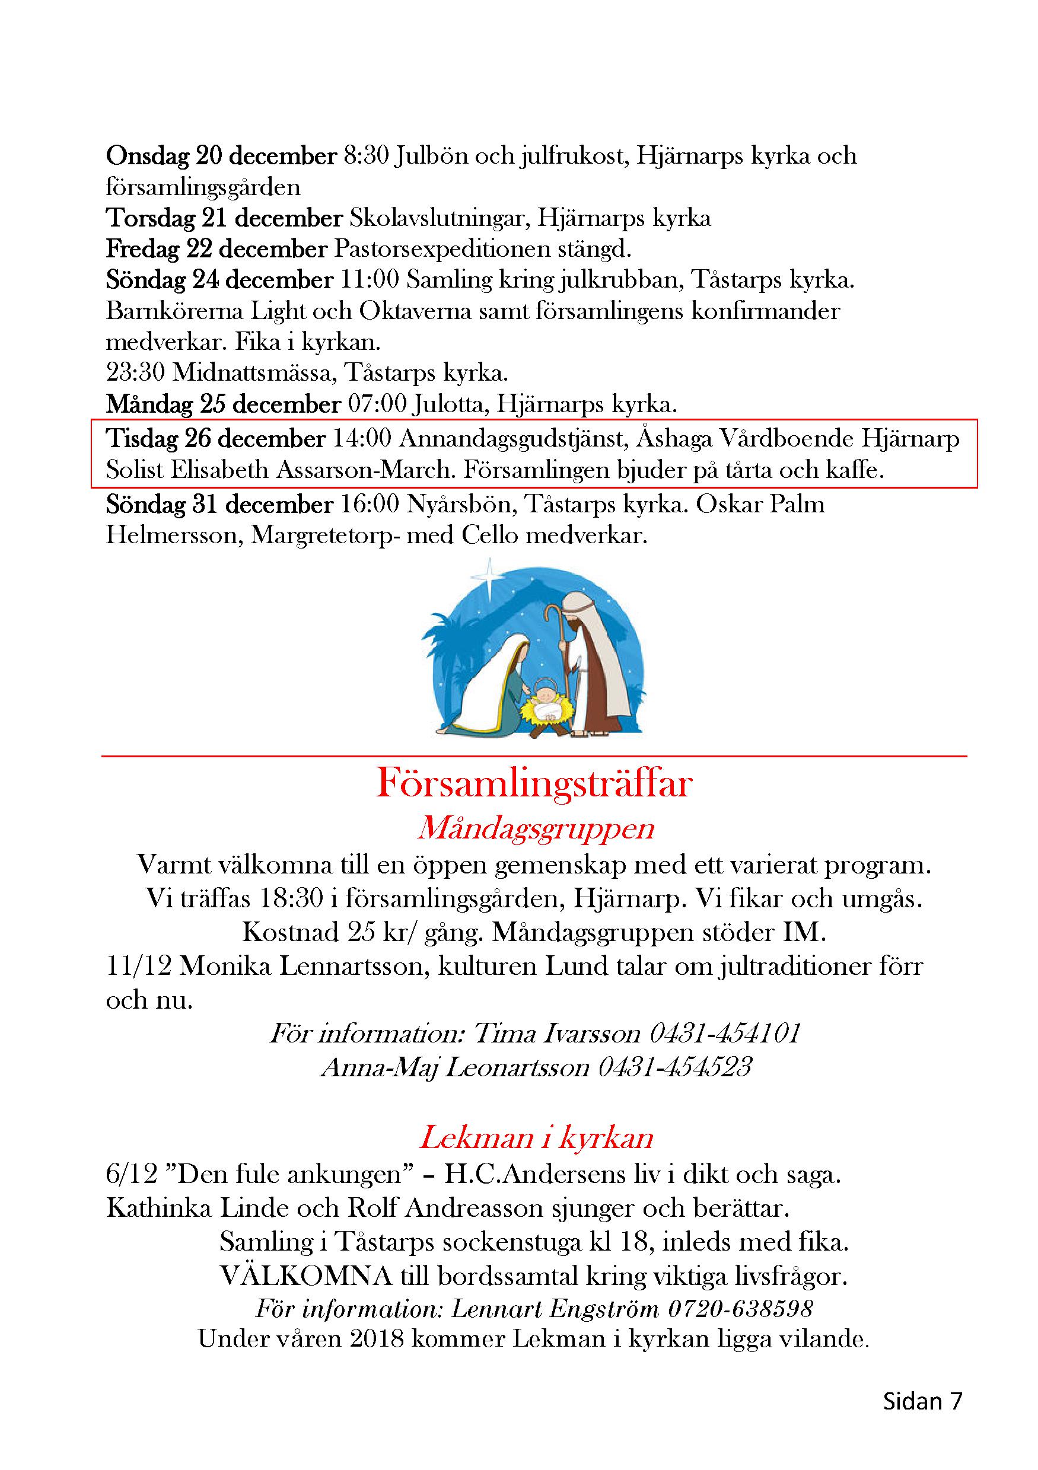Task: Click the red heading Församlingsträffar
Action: (534, 783)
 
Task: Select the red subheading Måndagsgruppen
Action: (536, 828)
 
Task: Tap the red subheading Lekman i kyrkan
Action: (536, 1138)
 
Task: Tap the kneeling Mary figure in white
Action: (489, 688)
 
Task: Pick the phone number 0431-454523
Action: (674, 1067)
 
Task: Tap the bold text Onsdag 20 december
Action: (221, 155)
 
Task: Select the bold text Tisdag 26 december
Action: (216, 439)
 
